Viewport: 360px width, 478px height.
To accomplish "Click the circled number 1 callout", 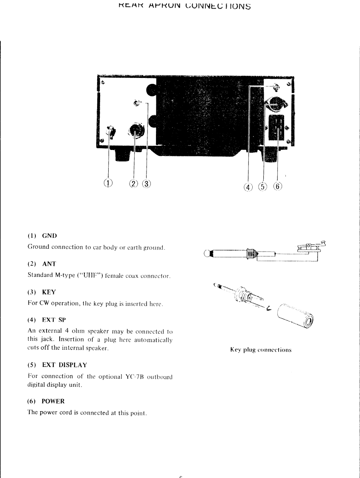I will tap(108, 183).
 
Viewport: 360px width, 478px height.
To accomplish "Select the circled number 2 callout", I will tap(134, 184).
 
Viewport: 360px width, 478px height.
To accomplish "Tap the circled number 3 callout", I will tap(147, 184).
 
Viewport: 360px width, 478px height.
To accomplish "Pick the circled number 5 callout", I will tap(263, 186).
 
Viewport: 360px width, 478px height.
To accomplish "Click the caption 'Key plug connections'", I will tap(261, 350).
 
